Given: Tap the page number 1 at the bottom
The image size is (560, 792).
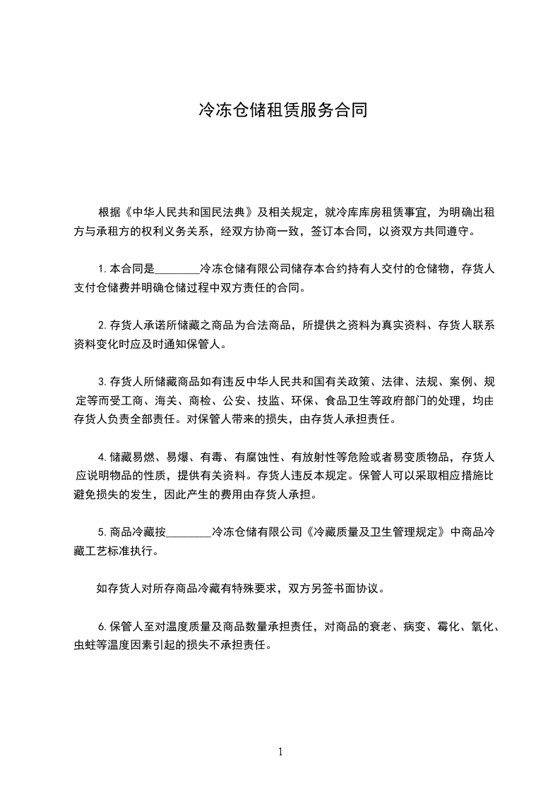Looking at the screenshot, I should pyautogui.click(x=280, y=752).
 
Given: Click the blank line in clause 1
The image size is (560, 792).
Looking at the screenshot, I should pyautogui.click(x=177, y=269).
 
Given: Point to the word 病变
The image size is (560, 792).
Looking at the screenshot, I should pyautogui.click(x=415, y=626).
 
